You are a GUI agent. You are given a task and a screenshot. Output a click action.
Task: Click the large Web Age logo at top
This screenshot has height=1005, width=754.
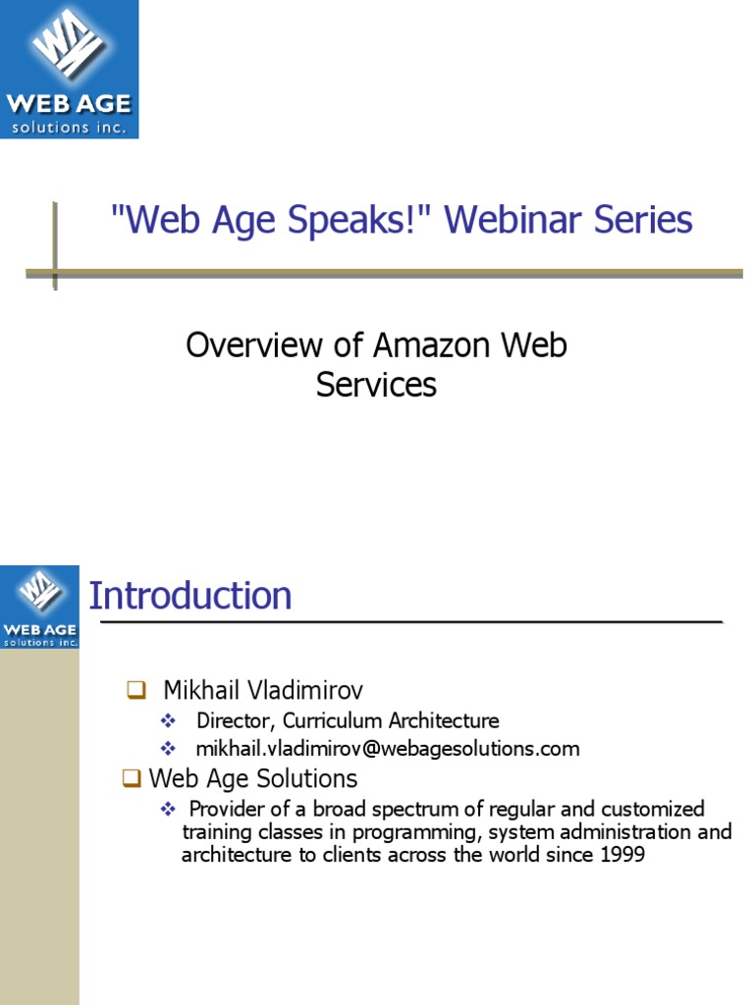point(69,69)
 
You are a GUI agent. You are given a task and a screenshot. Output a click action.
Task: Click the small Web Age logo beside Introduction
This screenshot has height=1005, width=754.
point(40,607)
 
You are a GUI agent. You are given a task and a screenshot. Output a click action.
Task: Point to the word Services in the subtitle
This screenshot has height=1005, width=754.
point(376,385)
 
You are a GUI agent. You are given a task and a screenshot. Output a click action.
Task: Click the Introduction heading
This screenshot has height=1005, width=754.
point(190,596)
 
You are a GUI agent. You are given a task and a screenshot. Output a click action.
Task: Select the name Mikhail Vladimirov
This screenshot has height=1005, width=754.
point(263,690)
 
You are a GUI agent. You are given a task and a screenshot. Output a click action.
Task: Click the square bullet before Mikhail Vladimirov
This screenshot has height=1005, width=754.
point(135,691)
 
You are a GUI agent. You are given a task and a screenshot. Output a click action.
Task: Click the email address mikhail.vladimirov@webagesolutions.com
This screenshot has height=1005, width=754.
point(388,749)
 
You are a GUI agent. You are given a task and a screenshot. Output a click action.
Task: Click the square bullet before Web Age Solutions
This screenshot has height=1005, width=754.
point(131,779)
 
